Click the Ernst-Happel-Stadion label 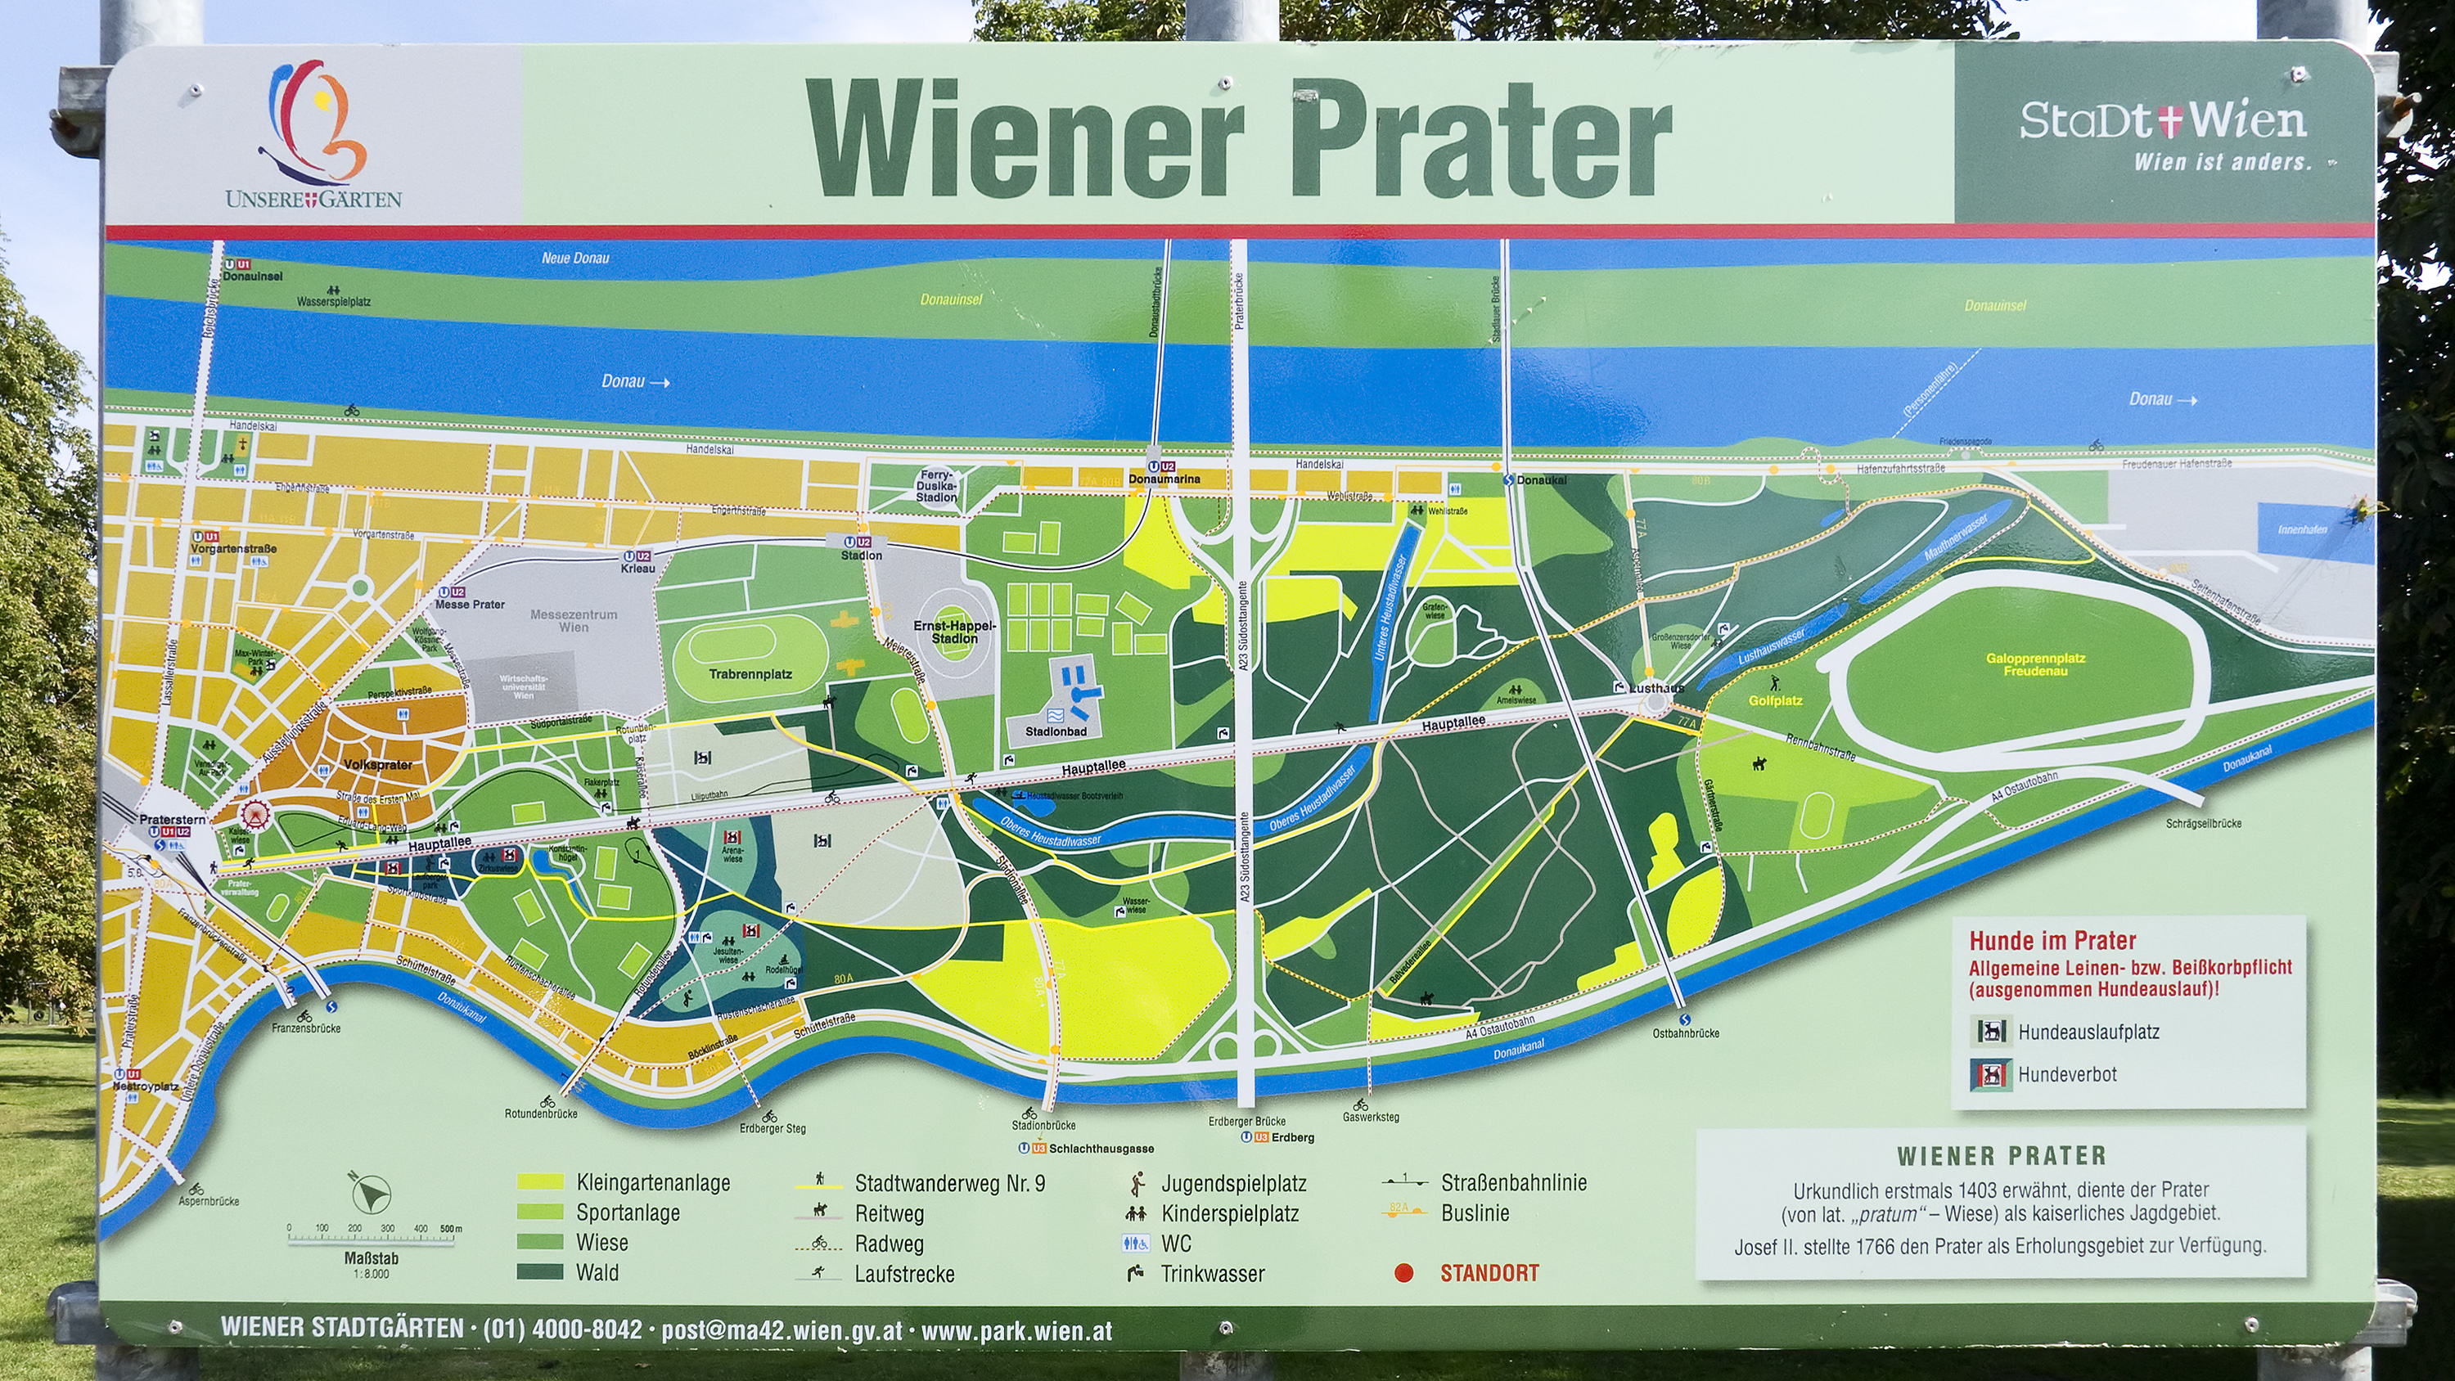tap(954, 632)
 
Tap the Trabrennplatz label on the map tap(750, 674)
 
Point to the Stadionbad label tap(1055, 732)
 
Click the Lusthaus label tap(1656, 687)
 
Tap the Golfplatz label tap(1774, 700)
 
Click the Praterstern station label tap(172, 820)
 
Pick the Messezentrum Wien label tap(573, 620)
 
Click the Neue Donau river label tap(574, 259)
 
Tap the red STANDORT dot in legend tap(1403, 1273)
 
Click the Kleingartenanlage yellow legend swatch tap(540, 1182)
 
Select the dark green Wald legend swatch tap(540, 1272)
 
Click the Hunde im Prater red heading tap(2052, 941)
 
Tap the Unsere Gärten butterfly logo tap(314, 119)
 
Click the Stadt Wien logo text tap(2162, 121)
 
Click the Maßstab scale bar tap(372, 1239)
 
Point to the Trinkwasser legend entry tap(1211, 1273)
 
